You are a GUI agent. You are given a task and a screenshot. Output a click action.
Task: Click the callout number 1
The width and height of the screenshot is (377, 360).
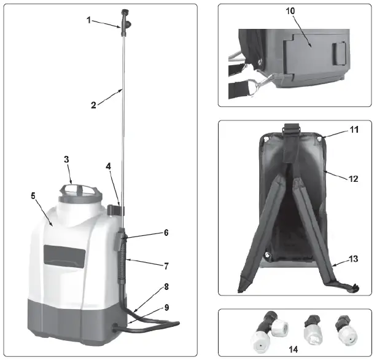[88, 20]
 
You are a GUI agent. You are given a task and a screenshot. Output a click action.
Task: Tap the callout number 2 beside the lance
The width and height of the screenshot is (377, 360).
[93, 104]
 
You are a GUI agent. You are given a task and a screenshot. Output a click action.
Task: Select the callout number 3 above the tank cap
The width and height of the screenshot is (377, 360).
[67, 160]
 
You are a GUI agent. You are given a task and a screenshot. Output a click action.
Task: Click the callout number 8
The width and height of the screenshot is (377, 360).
[166, 286]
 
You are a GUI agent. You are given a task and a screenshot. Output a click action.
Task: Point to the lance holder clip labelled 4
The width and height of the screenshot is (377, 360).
[115, 209]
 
